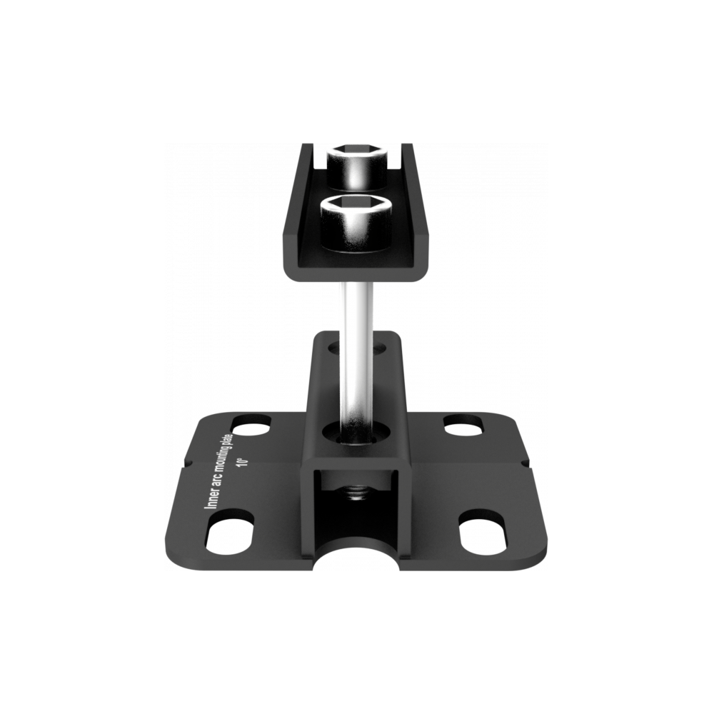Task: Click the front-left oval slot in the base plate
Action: pyautogui.click(x=231, y=533)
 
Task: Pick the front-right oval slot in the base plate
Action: pyautogui.click(x=483, y=533)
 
